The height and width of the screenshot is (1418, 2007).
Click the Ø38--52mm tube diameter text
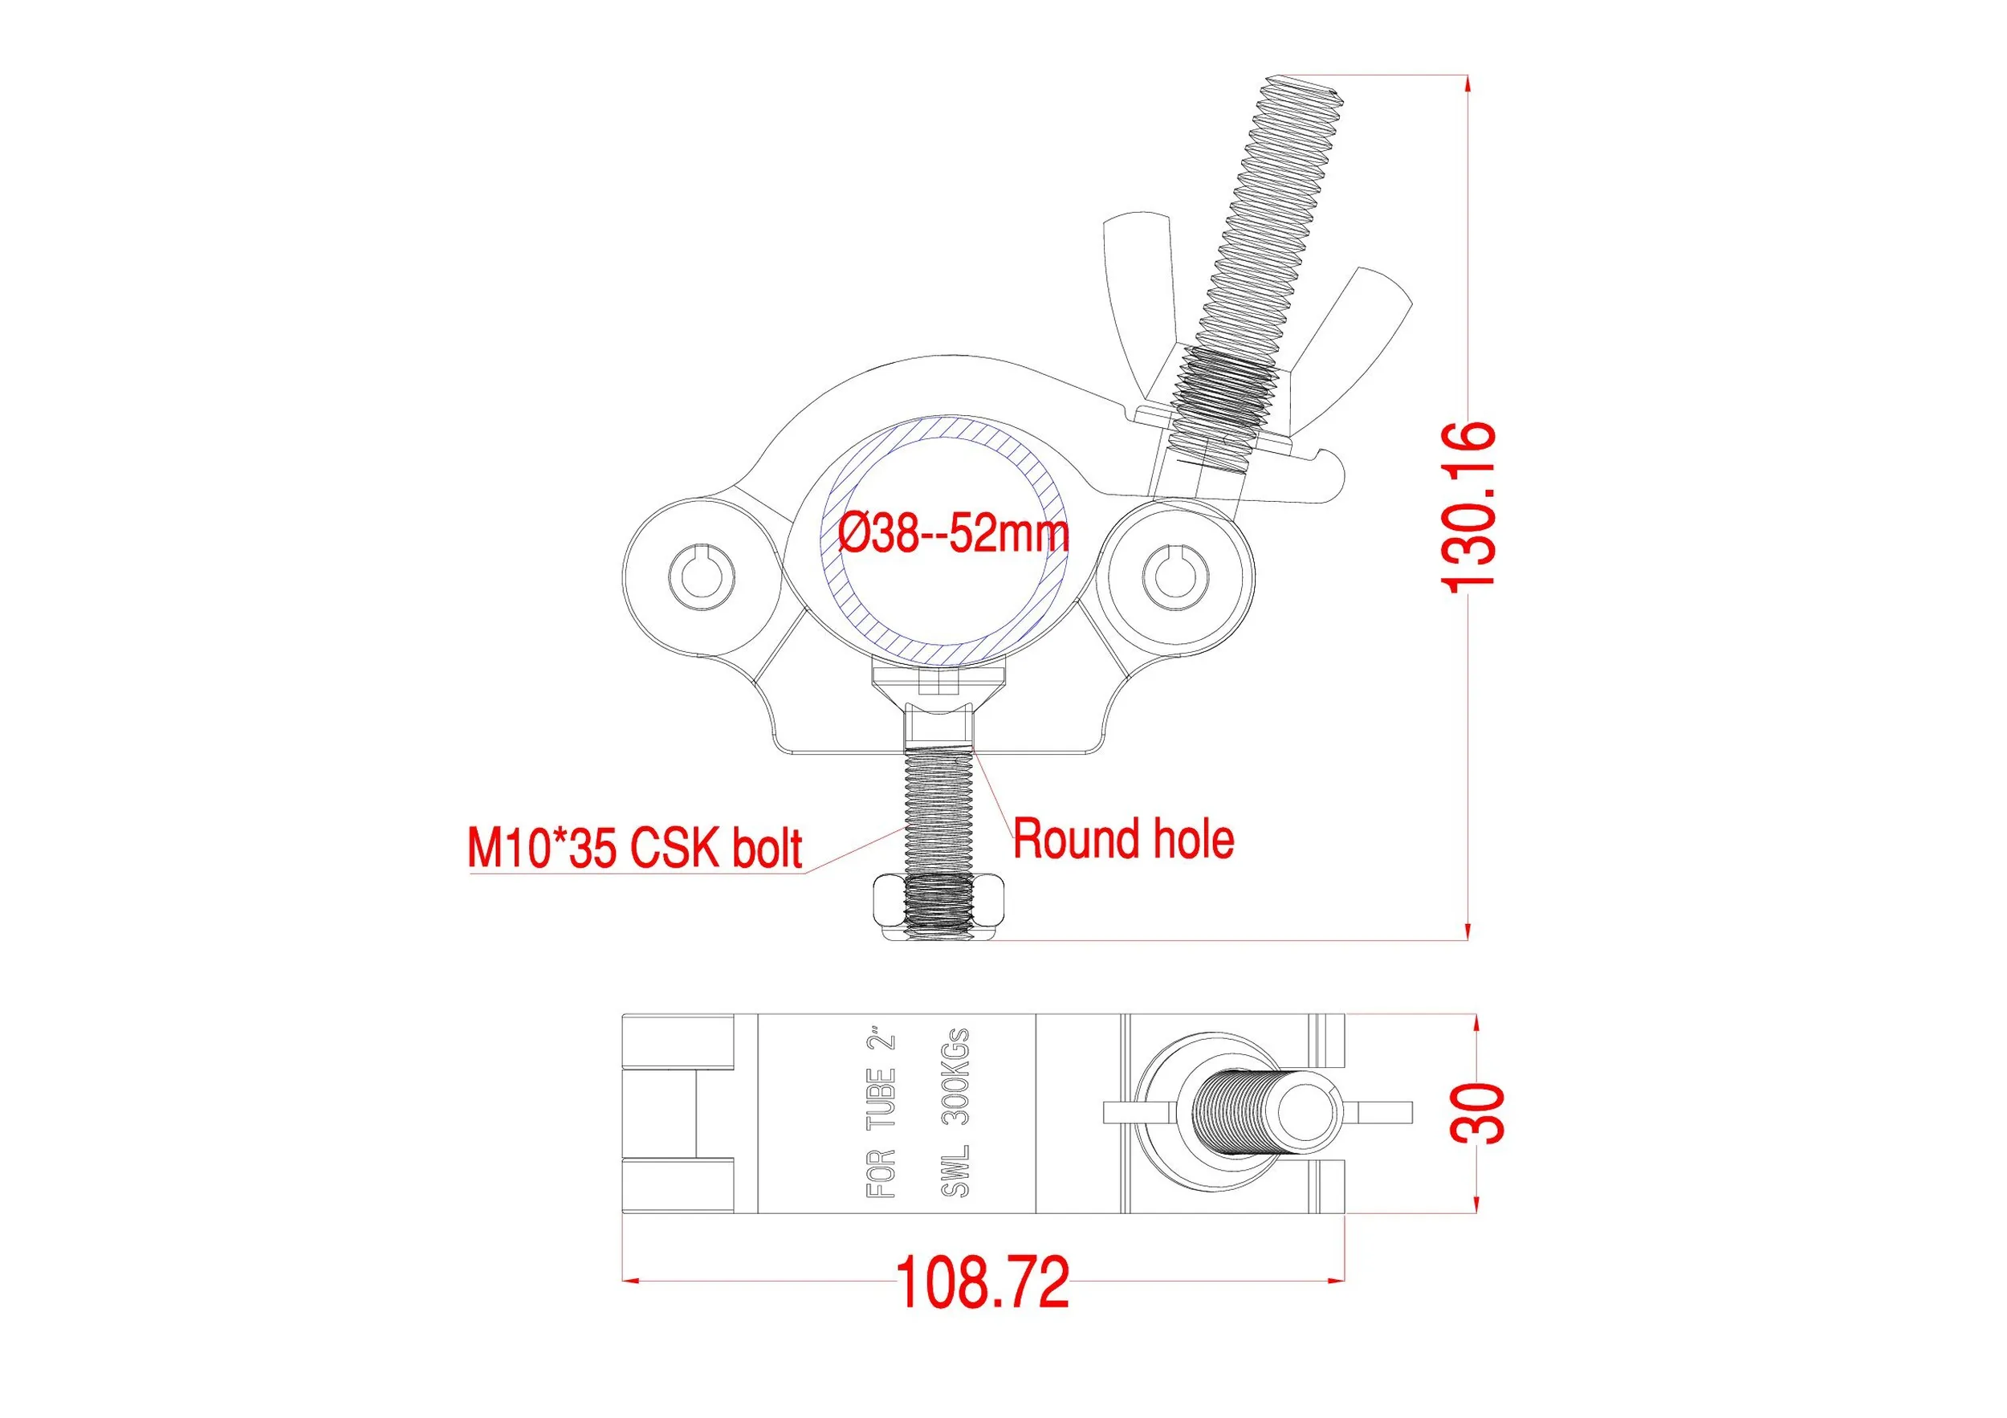coord(954,534)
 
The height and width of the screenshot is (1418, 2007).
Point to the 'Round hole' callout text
coord(1124,839)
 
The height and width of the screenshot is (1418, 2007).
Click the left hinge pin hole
coord(700,577)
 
